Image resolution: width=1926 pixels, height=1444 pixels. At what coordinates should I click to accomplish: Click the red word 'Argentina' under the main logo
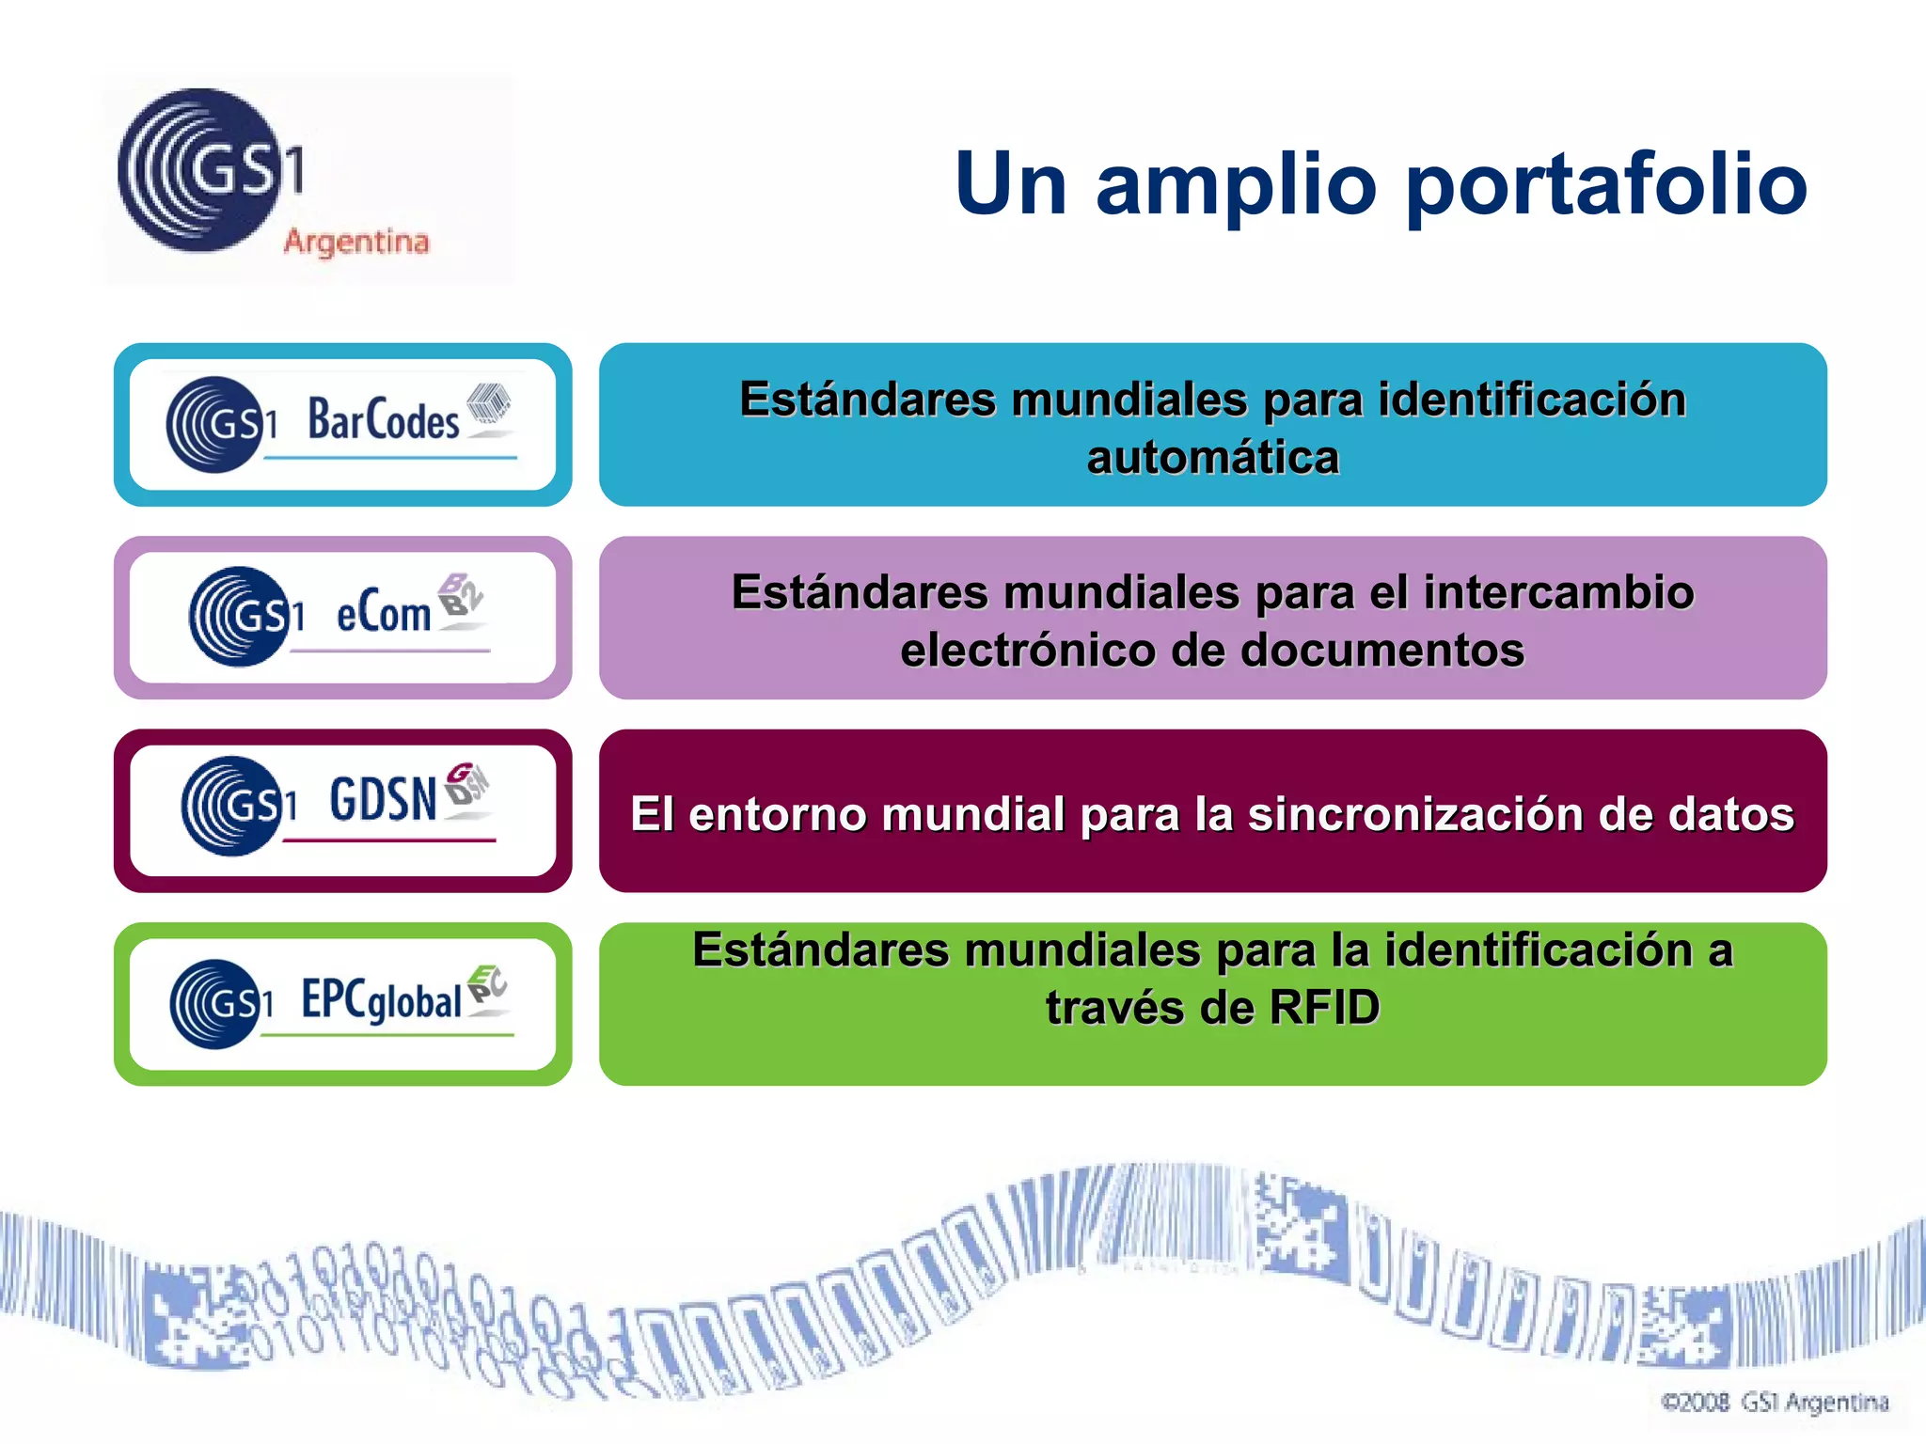(356, 242)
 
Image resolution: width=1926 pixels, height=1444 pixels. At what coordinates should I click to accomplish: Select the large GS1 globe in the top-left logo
(199, 170)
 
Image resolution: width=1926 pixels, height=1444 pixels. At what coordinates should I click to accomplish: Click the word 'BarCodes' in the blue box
(384, 420)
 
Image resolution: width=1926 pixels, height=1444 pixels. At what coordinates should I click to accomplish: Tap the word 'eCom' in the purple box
(384, 614)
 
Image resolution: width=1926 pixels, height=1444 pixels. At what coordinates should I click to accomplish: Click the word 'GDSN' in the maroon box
(383, 799)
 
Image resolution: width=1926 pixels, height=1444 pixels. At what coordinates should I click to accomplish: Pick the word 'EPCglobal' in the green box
(382, 999)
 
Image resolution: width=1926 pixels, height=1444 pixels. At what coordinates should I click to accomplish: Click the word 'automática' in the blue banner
(1212, 458)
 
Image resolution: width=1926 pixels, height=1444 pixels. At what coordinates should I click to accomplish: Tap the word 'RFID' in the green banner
(1324, 1008)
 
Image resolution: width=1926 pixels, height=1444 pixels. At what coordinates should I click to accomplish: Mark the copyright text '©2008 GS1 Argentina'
(1775, 1403)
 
